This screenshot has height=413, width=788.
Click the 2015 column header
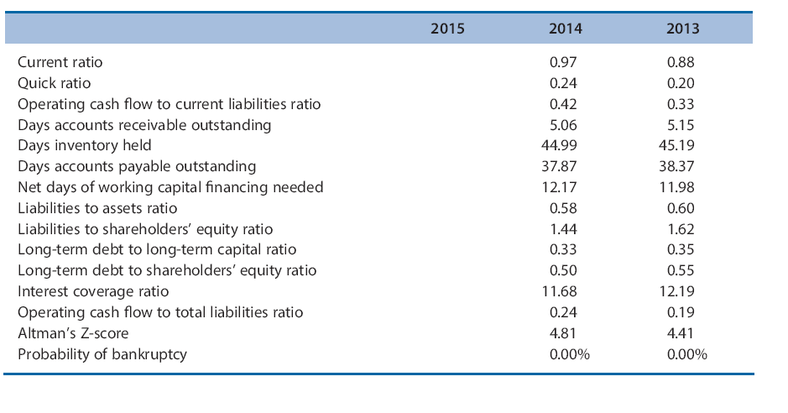447,29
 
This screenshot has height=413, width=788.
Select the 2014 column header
565,29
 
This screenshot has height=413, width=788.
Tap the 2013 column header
682,29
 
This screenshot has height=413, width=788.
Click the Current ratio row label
60,62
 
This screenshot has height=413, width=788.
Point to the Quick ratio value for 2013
681,83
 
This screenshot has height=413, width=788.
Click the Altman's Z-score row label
73,333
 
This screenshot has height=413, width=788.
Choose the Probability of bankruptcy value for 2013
687,354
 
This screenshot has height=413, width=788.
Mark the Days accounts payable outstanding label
137,166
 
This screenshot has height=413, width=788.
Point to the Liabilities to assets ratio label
97,208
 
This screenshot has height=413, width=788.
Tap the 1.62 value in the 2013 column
681,229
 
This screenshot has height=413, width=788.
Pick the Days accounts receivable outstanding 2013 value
681,125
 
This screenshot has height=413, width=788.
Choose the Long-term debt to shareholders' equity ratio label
167,270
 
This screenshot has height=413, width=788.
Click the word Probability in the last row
50,354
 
